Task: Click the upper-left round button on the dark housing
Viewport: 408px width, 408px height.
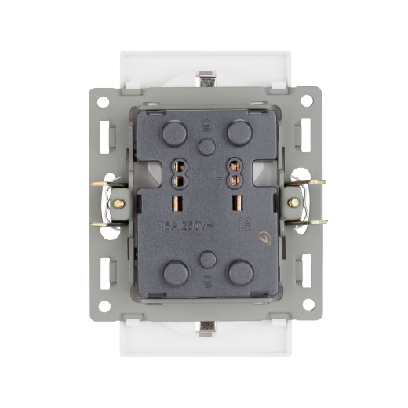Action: coord(173,133)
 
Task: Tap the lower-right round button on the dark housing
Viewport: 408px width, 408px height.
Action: coord(239,272)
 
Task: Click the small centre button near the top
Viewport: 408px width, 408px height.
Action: coord(206,146)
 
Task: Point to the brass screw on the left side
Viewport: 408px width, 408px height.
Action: coord(119,202)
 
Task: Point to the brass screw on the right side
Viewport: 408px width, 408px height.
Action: coord(293,202)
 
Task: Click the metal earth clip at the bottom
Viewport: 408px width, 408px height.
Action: coord(206,326)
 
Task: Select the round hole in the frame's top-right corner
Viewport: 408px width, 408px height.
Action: coord(307,100)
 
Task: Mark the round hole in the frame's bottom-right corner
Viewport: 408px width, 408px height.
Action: coord(307,305)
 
